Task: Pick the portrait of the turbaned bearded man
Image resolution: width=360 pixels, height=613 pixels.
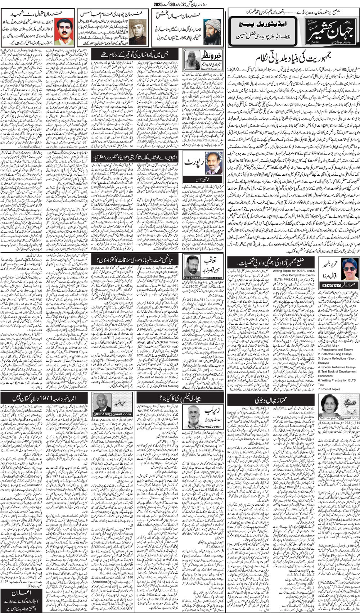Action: [x=212, y=32]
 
